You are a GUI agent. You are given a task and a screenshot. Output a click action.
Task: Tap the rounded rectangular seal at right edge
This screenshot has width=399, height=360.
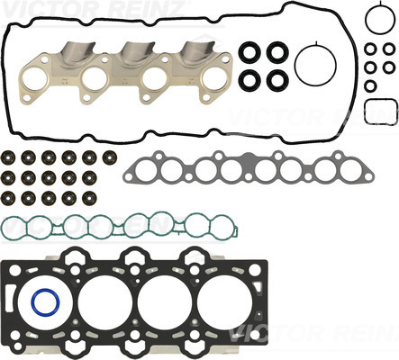click(366, 112)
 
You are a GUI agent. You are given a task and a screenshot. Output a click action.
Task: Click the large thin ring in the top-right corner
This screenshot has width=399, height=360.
click(367, 19)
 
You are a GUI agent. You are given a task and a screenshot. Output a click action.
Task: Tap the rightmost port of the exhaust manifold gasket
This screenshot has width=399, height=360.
click(215, 80)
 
